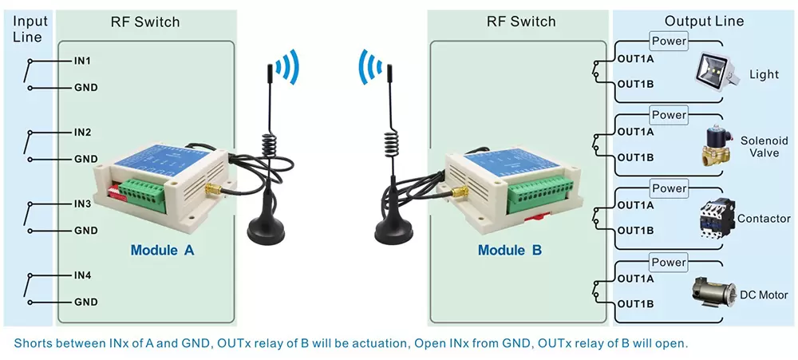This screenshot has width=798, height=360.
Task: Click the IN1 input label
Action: tap(83, 61)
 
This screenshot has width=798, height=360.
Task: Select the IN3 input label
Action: tap(83, 204)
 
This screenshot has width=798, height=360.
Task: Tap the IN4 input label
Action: tap(83, 276)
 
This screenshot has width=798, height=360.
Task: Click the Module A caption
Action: tap(163, 250)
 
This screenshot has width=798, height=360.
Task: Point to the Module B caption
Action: tap(510, 250)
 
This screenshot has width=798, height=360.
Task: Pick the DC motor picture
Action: tap(713, 292)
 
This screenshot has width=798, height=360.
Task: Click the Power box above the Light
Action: tap(669, 42)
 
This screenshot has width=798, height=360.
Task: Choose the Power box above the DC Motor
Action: tap(669, 263)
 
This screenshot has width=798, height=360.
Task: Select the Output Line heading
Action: tap(704, 22)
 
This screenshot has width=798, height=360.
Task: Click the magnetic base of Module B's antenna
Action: tap(393, 230)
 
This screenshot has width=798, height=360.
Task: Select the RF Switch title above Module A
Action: tap(145, 22)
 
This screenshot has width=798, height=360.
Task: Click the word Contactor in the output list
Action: tap(764, 219)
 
